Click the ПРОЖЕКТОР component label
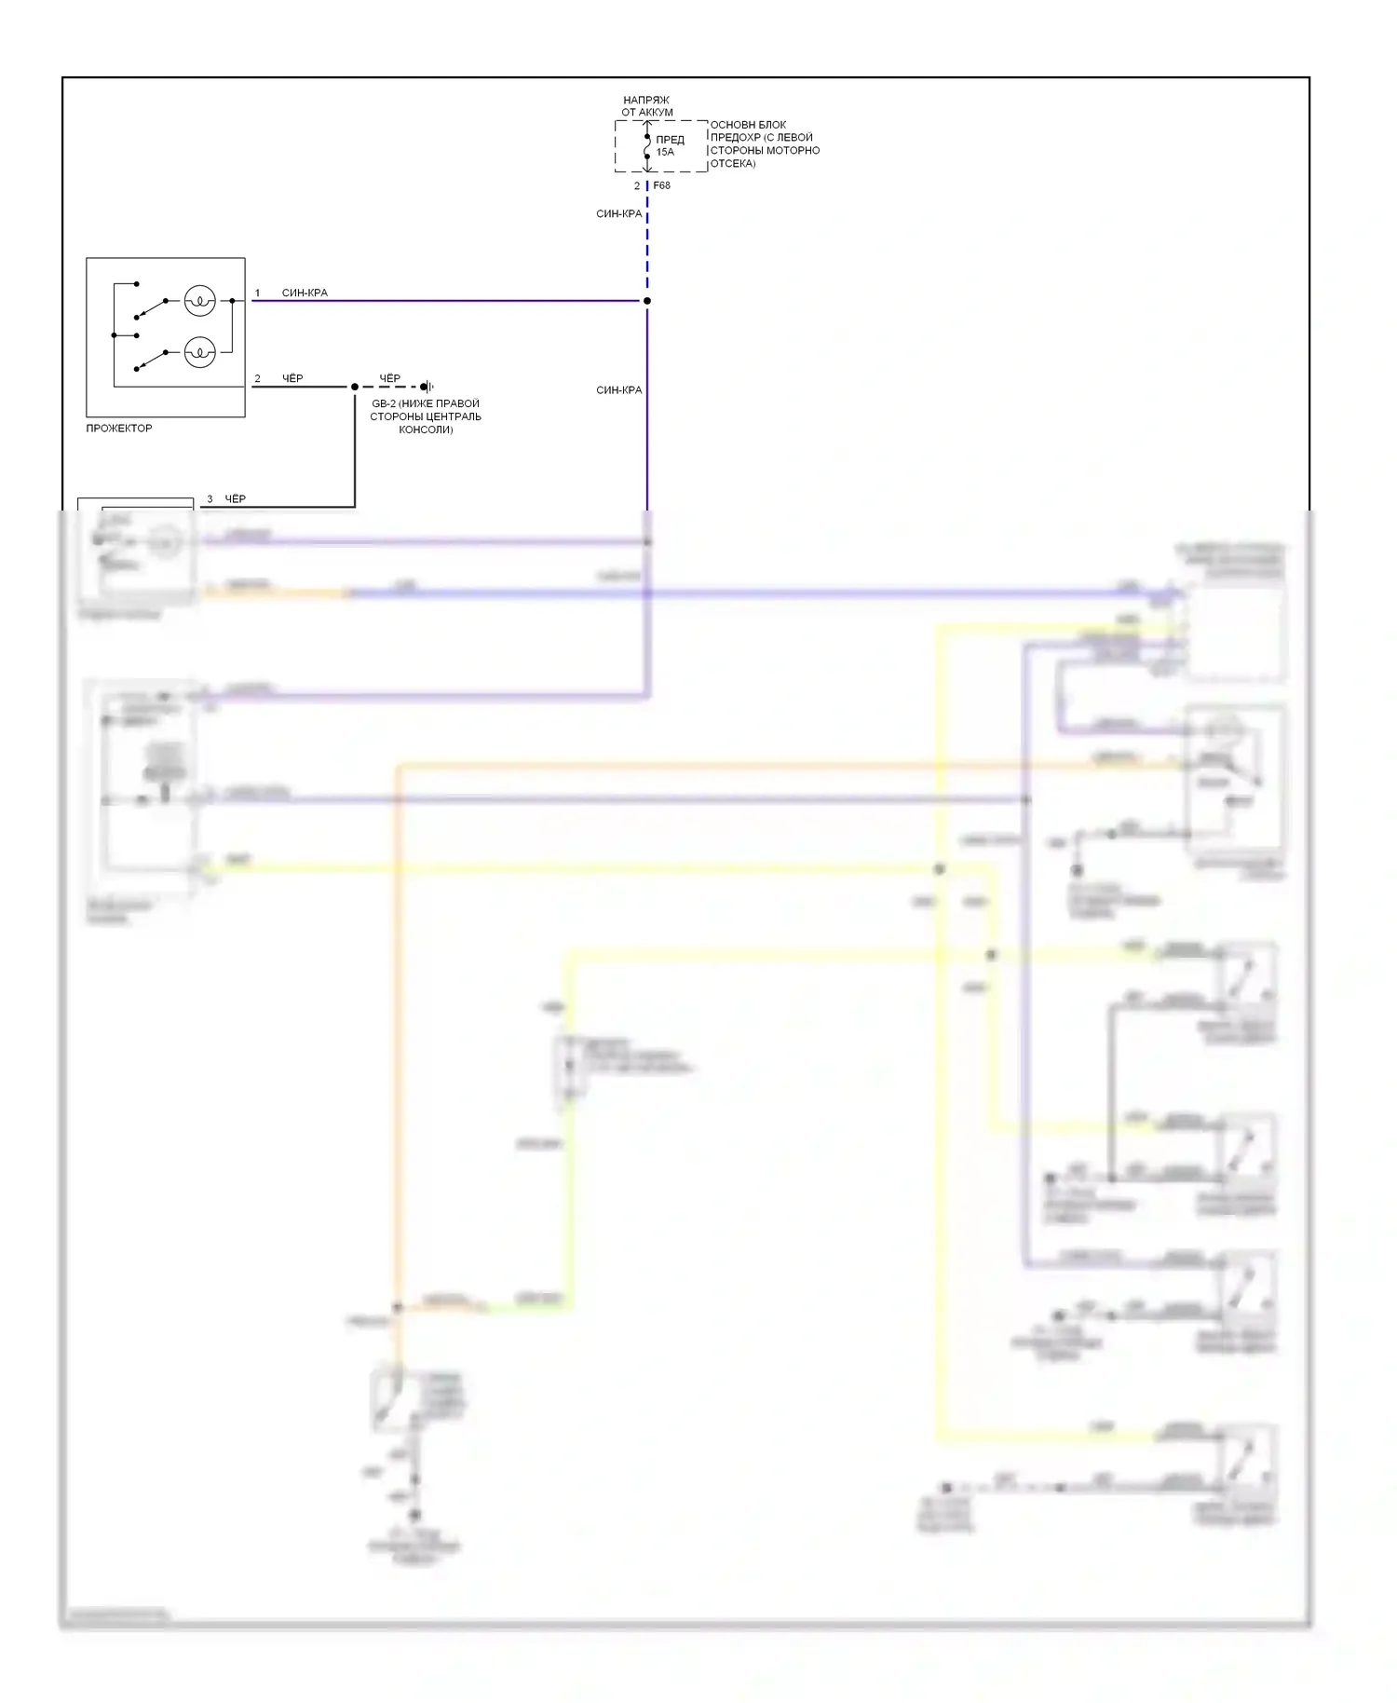click(118, 429)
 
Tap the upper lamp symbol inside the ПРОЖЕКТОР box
click(199, 300)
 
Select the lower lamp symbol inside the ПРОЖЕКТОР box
click(199, 352)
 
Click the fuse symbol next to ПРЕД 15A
click(647, 146)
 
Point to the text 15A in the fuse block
click(665, 152)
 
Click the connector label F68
click(661, 185)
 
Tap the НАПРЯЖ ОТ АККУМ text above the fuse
click(646, 106)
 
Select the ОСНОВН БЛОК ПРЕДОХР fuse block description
click(765, 143)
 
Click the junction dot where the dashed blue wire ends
click(647, 301)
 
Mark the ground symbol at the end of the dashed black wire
click(427, 387)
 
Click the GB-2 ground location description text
click(426, 416)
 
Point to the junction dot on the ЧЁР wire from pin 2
click(355, 387)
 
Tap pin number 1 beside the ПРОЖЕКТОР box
click(258, 293)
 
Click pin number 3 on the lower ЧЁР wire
click(210, 499)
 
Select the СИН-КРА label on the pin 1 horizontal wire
click(305, 293)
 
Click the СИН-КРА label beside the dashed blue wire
click(618, 214)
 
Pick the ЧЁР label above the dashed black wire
click(389, 378)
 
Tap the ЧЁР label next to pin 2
click(292, 378)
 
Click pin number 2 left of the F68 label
click(637, 186)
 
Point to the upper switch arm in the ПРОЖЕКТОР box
click(151, 308)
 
